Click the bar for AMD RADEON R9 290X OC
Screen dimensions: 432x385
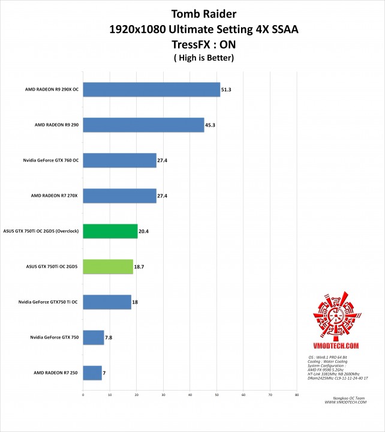pyautogui.click(x=151, y=89)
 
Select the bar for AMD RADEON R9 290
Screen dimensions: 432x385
pyautogui.click(x=143, y=125)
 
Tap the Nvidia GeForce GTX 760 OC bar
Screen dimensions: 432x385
pyautogui.click(x=119, y=160)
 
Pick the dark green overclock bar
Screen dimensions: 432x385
pyautogui.click(x=110, y=231)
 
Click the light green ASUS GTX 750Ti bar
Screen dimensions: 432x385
pyautogui.click(x=108, y=266)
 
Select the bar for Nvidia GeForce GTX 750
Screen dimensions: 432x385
pyautogui.click(x=94, y=337)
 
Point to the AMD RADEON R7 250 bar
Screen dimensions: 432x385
pyautogui.click(x=92, y=373)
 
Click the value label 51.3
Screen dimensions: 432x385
pyautogui.click(x=226, y=90)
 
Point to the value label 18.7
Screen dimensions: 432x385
pyautogui.click(x=139, y=267)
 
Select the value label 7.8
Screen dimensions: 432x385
pyautogui.click(x=109, y=338)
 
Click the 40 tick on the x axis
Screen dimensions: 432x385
pyautogui.click(x=190, y=395)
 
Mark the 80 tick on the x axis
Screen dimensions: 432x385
pyautogui.click(x=296, y=395)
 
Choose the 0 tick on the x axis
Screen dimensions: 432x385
pyautogui.click(x=83, y=395)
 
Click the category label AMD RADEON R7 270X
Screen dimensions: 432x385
pyautogui.click(x=53, y=196)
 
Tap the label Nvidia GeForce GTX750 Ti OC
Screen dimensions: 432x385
pyautogui.click(x=48, y=302)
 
